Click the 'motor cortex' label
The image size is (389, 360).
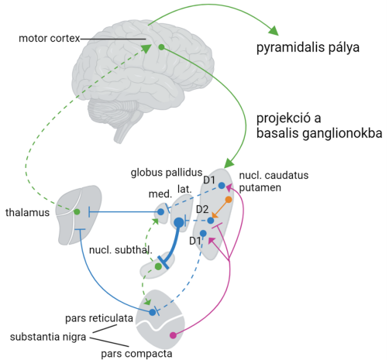50,39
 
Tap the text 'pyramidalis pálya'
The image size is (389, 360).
308,48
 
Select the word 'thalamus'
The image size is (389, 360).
27,213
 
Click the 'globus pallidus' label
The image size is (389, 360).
167,173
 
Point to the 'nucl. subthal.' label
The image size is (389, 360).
121,250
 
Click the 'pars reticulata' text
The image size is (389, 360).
99,318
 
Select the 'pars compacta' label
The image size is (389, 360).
136,354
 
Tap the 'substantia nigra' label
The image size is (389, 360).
48,337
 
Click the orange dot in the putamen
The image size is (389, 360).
229,200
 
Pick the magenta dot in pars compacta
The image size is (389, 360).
173,335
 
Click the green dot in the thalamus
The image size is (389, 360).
77,212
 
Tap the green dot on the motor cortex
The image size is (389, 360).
161,47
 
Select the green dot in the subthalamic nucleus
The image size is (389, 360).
158,266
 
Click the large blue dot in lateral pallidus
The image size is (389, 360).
179,222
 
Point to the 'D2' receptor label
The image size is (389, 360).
202,209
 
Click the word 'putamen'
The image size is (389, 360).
260,188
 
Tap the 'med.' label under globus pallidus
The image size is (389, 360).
160,194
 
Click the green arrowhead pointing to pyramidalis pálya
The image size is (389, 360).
274,30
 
